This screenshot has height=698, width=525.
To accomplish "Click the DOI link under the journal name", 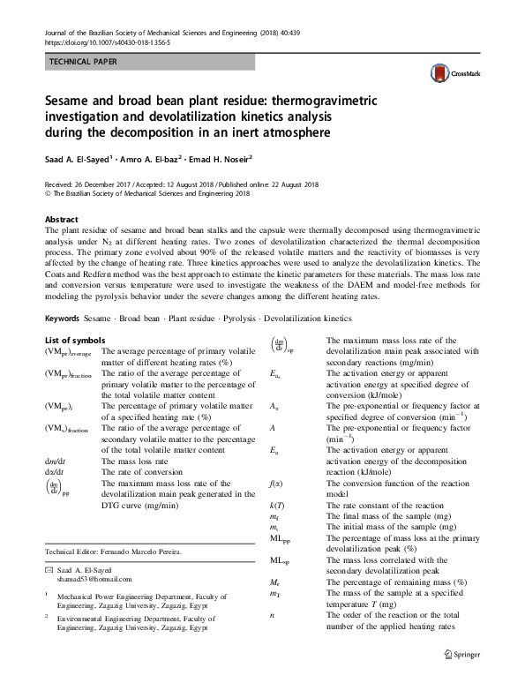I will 94,41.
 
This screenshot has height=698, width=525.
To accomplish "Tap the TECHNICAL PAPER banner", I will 82,62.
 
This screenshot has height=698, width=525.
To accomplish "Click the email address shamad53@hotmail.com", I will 93,579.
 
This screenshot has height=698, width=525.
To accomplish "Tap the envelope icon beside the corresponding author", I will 49,569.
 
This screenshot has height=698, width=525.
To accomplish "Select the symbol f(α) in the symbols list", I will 274,483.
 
